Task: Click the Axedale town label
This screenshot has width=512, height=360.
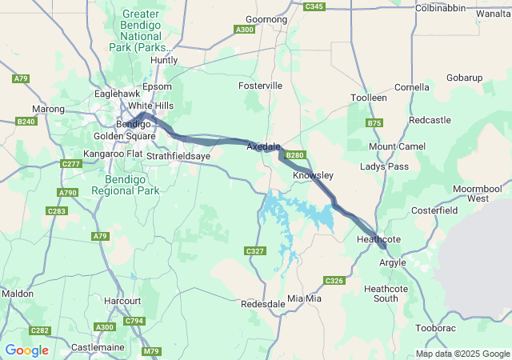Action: (263, 147)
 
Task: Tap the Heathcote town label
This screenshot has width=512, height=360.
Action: (378, 239)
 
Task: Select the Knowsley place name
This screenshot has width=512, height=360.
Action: (313, 174)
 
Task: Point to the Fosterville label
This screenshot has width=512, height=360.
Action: (260, 86)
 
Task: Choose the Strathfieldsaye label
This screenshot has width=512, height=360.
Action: (178, 157)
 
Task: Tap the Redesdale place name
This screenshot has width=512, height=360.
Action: (262, 304)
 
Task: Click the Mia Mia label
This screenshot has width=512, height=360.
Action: (304, 298)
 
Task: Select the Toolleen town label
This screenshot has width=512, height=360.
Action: (369, 98)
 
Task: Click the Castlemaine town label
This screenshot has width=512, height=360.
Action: (97, 347)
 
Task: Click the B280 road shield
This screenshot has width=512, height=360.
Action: (295, 155)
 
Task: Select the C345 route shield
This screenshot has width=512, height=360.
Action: (314, 6)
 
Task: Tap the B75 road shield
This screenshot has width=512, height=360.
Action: (374, 123)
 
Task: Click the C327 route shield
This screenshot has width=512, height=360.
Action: (254, 251)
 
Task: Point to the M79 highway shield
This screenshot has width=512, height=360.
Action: (151, 351)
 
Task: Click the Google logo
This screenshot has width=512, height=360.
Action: (26, 350)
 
